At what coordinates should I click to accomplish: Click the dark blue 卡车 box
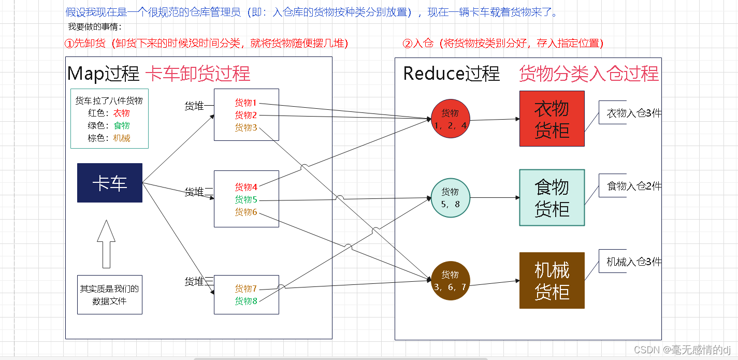pyautogui.click(x=109, y=183)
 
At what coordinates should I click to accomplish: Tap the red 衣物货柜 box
pyautogui.click(x=552, y=119)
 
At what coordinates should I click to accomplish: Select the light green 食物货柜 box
pyautogui.click(x=552, y=197)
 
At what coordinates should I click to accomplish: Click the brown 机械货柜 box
pyautogui.click(x=552, y=280)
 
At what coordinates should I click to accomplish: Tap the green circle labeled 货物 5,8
pyautogui.click(x=450, y=198)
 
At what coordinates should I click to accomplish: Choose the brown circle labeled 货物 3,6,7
pyautogui.click(x=450, y=280)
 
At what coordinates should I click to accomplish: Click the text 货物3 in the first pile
pyautogui.click(x=246, y=127)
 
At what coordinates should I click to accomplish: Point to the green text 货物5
pyautogui.click(x=246, y=199)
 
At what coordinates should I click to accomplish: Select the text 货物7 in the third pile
pyautogui.click(x=246, y=289)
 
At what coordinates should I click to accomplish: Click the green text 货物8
pyautogui.click(x=246, y=301)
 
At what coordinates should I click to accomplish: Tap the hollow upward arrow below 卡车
pyautogui.click(x=106, y=243)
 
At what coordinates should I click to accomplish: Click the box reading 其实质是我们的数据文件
pyautogui.click(x=109, y=295)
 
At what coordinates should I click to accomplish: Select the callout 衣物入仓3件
pyautogui.click(x=630, y=113)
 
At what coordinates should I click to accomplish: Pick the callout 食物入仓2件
pyautogui.click(x=630, y=185)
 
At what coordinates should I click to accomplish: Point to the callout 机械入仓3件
pyautogui.click(x=630, y=262)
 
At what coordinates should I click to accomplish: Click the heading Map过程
pyautogui.click(x=103, y=74)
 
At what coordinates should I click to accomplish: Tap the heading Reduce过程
pyautogui.click(x=451, y=74)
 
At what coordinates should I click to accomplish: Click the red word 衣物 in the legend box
pyautogui.click(x=122, y=113)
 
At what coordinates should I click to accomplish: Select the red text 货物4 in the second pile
pyautogui.click(x=246, y=187)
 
